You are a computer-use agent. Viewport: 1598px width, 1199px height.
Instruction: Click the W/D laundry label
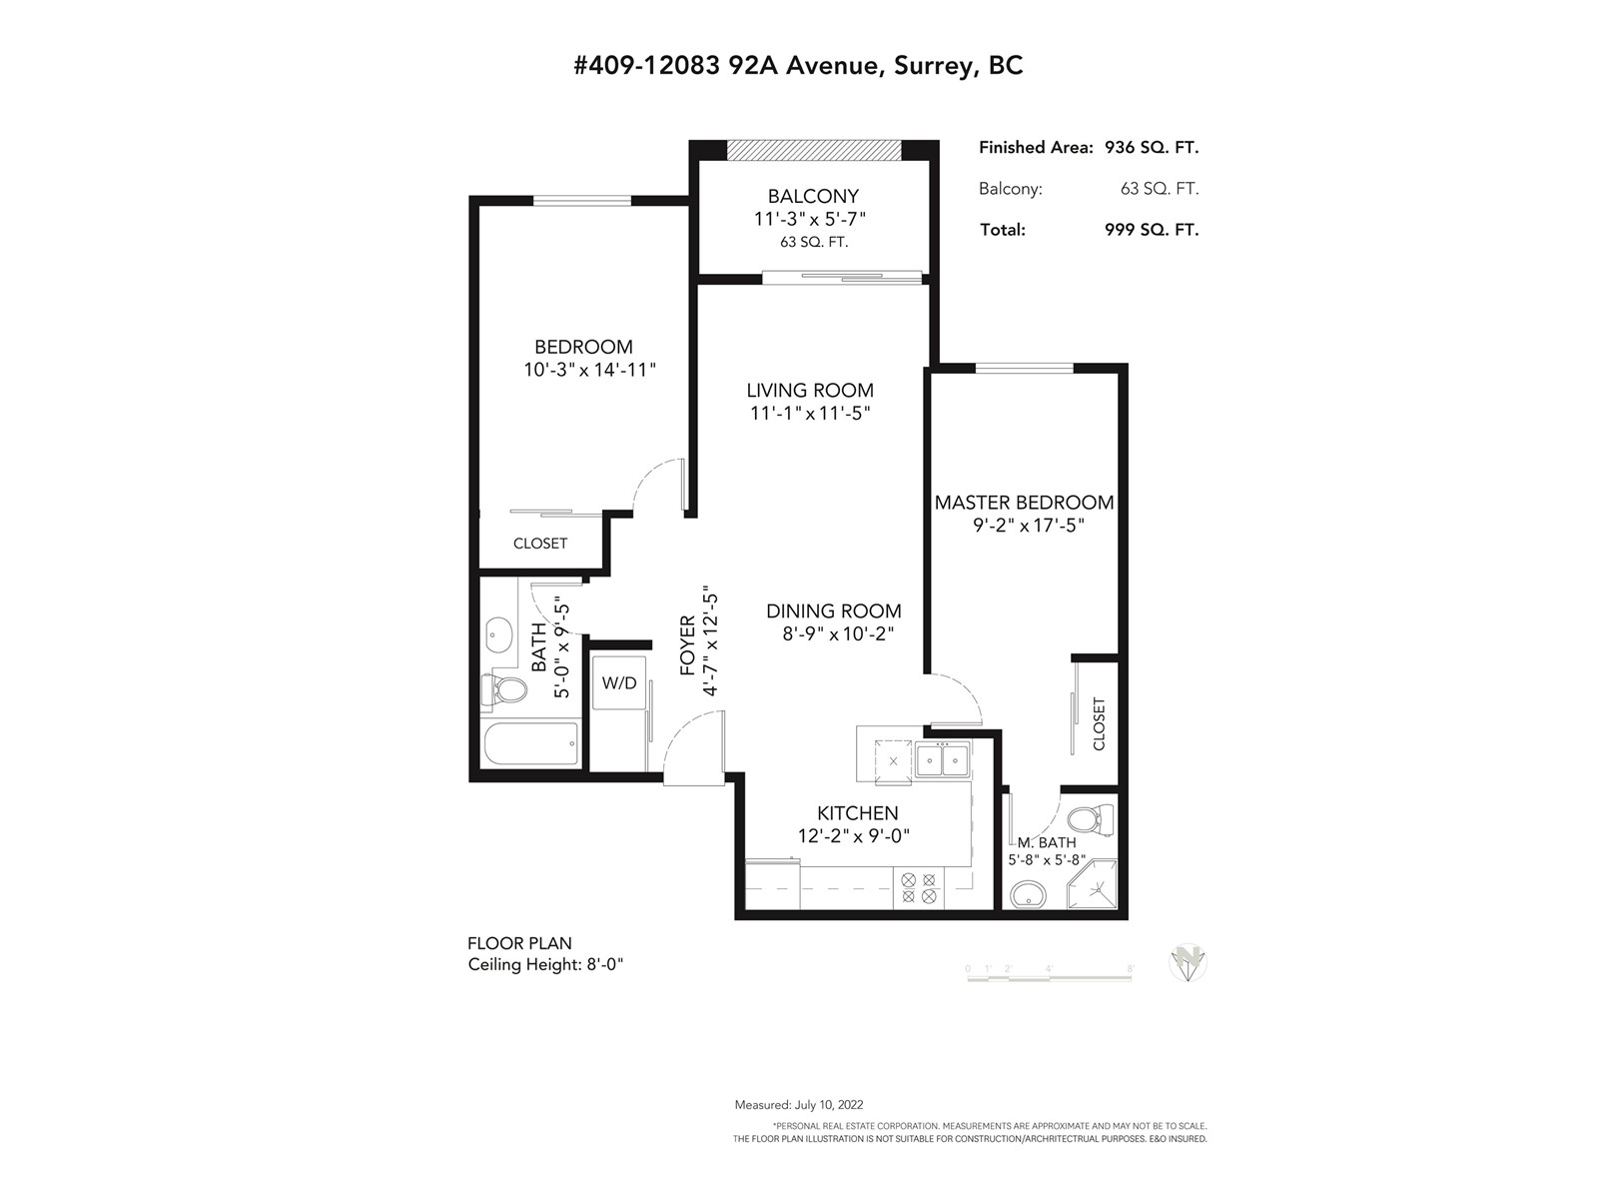(619, 682)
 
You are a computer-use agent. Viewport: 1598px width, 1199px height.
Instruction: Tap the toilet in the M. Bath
(1097, 819)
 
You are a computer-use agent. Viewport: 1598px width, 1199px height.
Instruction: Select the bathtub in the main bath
(531, 742)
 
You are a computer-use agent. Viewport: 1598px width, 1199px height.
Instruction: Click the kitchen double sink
(942, 760)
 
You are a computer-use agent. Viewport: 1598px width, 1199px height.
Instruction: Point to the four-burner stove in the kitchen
(919, 888)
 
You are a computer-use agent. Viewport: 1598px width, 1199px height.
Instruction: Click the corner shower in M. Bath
(1092, 884)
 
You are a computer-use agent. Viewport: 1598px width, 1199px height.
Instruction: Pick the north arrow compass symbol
(1188, 964)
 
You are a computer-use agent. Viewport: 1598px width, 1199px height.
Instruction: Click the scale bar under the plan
(1049, 978)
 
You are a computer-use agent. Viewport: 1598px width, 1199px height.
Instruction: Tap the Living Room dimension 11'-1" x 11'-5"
(810, 414)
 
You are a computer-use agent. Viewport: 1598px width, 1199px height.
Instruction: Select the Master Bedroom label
(1024, 503)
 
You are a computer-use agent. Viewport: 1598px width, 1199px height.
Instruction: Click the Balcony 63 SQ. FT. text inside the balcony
(814, 243)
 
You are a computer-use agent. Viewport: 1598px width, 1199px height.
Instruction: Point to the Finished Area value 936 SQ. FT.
(1151, 148)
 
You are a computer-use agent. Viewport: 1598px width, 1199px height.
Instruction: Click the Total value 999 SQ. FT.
(1151, 230)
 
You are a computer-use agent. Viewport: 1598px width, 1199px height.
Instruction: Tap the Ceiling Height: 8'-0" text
(546, 964)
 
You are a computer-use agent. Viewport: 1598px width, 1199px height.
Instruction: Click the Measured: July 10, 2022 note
(799, 1105)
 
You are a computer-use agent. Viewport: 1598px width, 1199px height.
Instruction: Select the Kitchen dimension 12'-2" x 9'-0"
(854, 835)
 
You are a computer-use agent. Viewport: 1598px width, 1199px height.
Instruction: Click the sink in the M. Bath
(1028, 892)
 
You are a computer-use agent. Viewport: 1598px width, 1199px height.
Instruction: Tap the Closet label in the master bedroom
(1099, 723)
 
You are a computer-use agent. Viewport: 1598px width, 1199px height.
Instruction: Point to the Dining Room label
(834, 610)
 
